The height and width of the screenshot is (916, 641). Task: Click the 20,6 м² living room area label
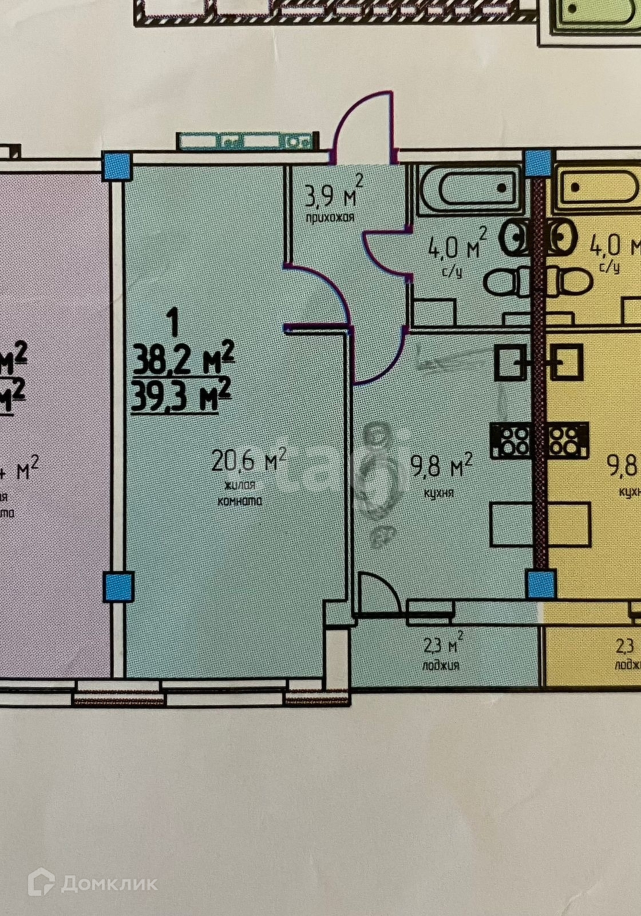click(x=248, y=460)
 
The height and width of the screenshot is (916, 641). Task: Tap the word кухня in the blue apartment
click(x=439, y=492)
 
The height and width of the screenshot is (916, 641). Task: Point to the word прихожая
click(x=330, y=218)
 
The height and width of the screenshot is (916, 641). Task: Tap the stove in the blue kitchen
click(x=512, y=441)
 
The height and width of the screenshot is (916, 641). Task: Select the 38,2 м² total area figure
click(x=183, y=361)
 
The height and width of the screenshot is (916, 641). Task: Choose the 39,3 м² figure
click(x=181, y=397)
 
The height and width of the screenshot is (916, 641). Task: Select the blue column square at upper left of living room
click(x=118, y=165)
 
